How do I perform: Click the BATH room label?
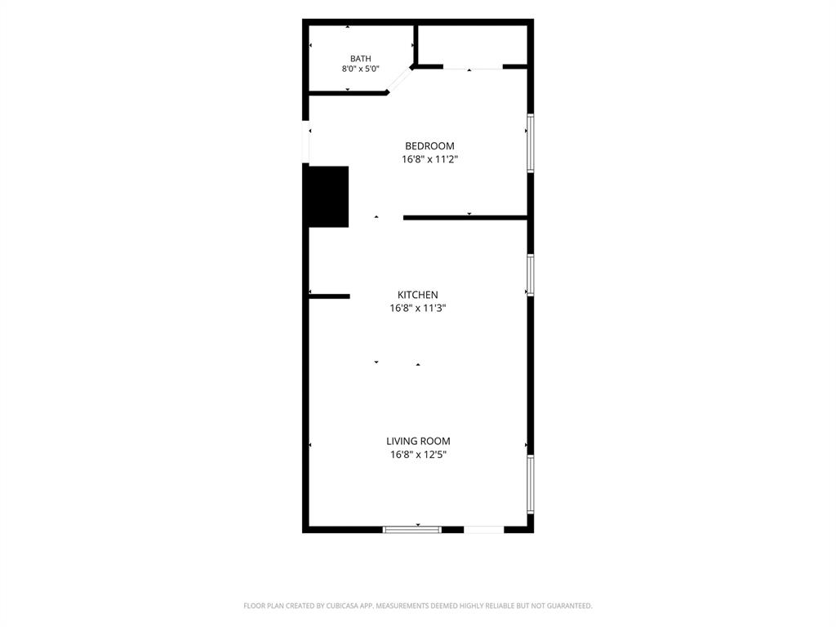360,59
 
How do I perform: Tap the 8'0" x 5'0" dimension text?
360,69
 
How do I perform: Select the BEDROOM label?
429,146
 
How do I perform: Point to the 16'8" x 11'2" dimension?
429,159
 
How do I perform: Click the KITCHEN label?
418,295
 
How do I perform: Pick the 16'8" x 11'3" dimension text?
418,308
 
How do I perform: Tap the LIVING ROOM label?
418,442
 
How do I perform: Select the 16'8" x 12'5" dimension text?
418,455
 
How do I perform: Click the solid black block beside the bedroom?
326,197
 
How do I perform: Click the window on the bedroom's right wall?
531,143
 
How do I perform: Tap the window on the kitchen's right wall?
531,275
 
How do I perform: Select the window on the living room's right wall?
531,484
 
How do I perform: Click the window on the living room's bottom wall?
412,529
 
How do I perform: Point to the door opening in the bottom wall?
484,529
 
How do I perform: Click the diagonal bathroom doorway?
399,81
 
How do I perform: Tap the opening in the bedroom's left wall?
305,142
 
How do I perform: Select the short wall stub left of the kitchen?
330,296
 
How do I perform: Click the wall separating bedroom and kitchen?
465,217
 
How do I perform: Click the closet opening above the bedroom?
473,67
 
